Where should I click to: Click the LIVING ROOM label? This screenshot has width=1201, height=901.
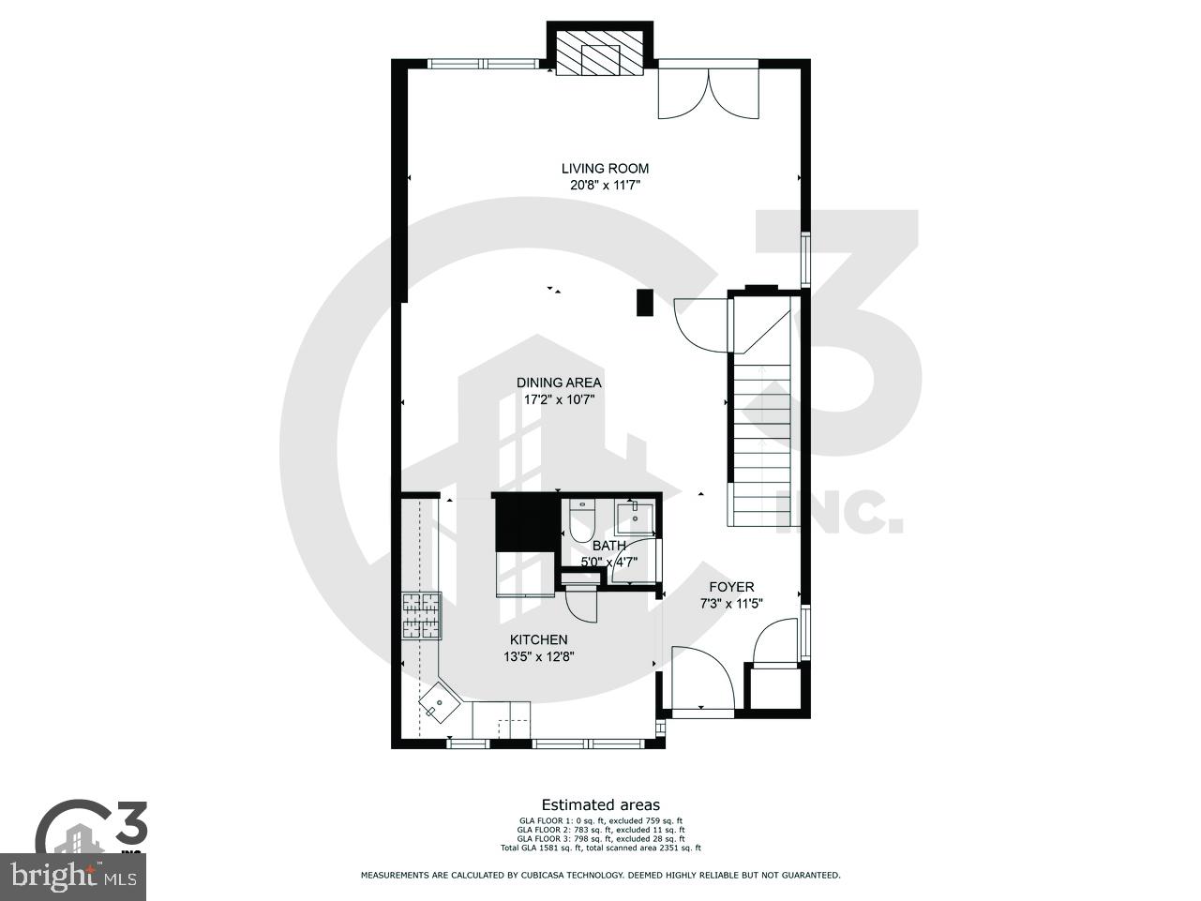(605, 169)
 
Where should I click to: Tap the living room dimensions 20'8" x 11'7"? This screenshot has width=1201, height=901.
(605, 186)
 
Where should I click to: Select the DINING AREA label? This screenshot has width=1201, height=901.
(559, 383)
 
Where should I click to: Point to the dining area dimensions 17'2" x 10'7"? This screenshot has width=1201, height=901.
(559, 399)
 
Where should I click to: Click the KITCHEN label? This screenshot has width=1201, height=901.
(538, 639)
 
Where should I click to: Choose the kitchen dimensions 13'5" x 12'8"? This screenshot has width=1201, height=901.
(538, 656)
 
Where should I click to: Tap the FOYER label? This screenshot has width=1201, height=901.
(731, 587)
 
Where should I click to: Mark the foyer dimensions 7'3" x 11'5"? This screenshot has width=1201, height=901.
(731, 604)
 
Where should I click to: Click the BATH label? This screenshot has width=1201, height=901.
(608, 546)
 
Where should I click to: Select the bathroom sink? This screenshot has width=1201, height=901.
(635, 515)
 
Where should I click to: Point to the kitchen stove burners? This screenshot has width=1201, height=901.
(421, 616)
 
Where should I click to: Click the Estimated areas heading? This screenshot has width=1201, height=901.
(600, 804)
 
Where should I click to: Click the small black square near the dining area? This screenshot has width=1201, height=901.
(644, 303)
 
